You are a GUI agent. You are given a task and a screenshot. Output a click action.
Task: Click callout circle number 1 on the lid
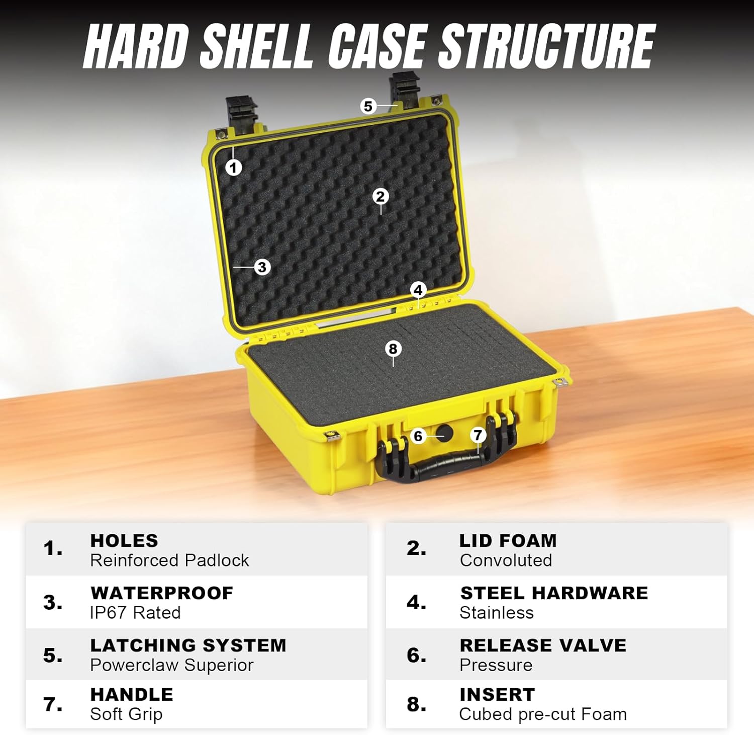click(233, 167)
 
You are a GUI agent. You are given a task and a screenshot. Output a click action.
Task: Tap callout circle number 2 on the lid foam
click(381, 196)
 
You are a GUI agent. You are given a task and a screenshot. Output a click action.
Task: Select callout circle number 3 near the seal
click(262, 267)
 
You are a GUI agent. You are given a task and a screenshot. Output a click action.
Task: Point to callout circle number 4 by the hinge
click(418, 290)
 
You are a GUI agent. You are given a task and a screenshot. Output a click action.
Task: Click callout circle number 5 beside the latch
click(368, 106)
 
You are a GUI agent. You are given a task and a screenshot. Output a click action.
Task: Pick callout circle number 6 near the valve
click(418, 436)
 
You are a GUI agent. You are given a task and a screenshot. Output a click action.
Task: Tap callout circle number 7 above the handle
click(478, 435)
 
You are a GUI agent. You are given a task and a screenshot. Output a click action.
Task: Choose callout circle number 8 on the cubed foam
click(393, 349)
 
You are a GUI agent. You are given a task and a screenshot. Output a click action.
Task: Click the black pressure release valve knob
click(444, 433)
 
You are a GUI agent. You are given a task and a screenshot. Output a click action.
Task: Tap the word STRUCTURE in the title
click(547, 46)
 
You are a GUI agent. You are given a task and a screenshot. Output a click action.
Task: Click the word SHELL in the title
click(256, 46)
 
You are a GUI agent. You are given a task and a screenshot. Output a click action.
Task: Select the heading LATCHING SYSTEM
click(188, 645)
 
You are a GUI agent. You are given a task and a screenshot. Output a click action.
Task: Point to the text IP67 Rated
click(135, 613)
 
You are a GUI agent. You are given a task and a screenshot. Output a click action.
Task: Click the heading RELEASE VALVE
click(543, 645)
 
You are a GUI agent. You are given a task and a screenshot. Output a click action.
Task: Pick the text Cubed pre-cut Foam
click(543, 714)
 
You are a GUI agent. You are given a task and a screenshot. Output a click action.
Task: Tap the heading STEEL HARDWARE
click(554, 593)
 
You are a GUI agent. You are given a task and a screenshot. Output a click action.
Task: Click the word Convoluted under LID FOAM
click(506, 560)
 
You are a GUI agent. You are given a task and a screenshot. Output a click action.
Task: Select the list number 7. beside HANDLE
click(53, 704)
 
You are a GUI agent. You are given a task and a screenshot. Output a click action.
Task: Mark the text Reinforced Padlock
click(169, 560)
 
